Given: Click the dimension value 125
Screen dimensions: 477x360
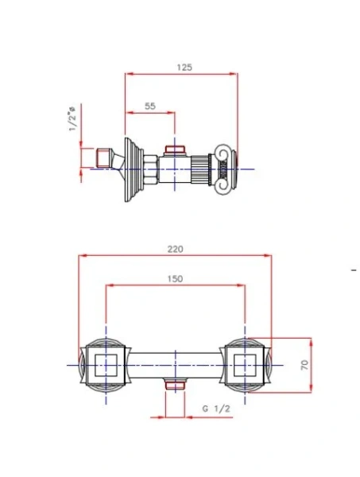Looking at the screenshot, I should (184, 68).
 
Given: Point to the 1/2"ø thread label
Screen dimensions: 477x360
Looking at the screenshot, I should (72, 120).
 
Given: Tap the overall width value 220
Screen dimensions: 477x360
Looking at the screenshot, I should (176, 249).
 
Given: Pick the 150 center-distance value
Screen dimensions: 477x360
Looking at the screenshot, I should (176, 278).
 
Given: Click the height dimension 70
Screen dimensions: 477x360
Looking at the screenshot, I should (304, 365).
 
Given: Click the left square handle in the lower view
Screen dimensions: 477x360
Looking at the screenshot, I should (106, 365).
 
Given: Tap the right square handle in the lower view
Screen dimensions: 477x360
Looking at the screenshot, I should (246, 365).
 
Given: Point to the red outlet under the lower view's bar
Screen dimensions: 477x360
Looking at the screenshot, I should (176, 386).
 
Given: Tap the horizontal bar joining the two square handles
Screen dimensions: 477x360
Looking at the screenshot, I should (176, 365).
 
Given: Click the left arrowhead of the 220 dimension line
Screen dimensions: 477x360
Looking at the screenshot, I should (80, 256).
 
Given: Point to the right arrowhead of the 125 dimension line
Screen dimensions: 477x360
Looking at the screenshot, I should (235, 75).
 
